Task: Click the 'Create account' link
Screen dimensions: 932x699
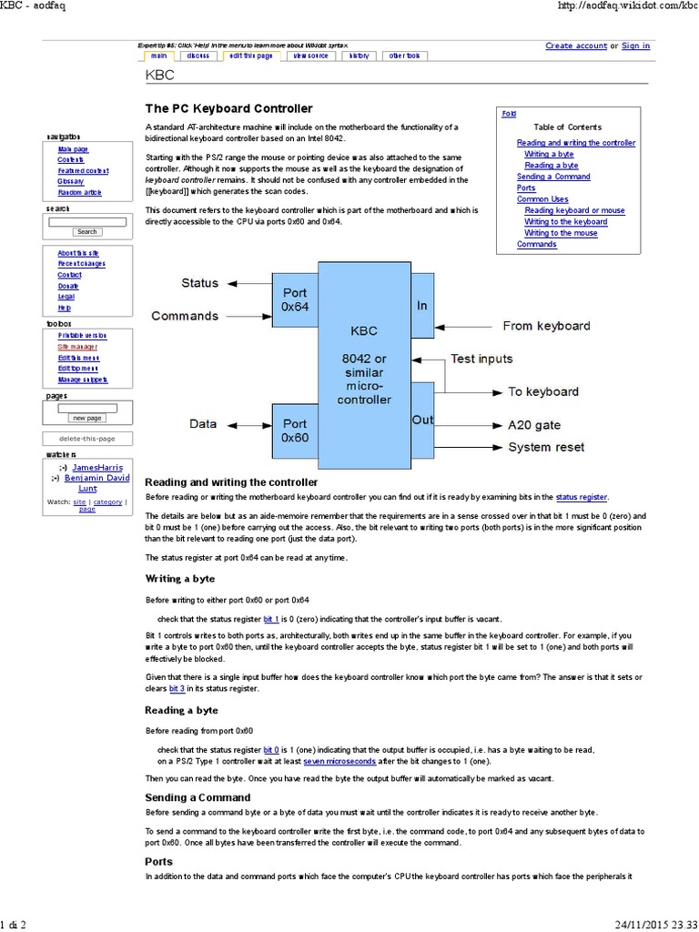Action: pos(576,46)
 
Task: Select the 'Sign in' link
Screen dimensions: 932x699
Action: pos(635,46)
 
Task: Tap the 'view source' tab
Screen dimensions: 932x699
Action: pos(310,56)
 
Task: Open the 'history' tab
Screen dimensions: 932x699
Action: pos(360,56)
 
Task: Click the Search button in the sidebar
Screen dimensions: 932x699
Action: pos(86,232)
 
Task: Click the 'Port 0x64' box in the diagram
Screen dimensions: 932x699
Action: pos(295,299)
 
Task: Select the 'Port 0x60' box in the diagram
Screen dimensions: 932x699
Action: pos(295,431)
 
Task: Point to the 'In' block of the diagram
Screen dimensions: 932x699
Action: pos(422,306)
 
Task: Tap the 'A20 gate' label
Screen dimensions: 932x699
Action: pos(534,425)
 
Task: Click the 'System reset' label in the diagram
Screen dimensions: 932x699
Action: pos(546,447)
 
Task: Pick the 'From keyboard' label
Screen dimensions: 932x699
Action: pos(546,325)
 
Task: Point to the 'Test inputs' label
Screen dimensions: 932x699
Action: pos(481,359)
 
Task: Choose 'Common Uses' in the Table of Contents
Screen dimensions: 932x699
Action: pos(542,199)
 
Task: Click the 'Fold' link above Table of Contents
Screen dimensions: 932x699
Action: pos(509,114)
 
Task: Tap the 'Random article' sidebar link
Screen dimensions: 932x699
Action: pos(80,193)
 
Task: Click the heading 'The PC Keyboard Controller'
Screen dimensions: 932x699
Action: pos(228,108)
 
